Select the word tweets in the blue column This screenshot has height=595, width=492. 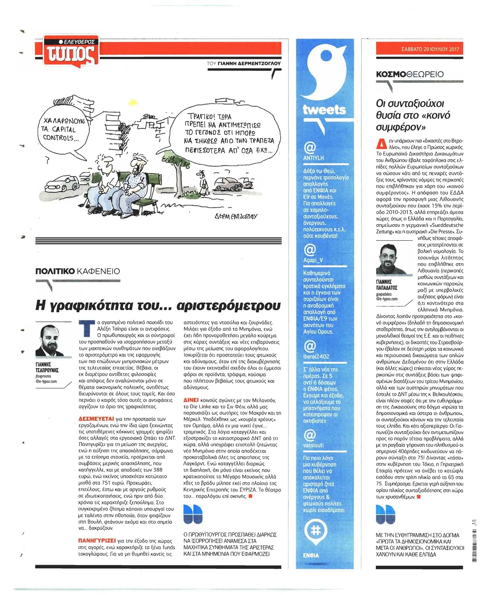(x=324, y=110)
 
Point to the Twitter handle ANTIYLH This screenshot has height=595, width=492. (x=313, y=158)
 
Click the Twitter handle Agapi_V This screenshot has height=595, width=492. (x=313, y=260)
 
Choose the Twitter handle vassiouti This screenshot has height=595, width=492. (x=313, y=445)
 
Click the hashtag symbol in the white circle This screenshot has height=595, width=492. (x=316, y=530)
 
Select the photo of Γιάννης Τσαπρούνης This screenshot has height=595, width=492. (x=50, y=341)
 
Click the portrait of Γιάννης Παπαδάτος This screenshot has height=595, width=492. (x=389, y=259)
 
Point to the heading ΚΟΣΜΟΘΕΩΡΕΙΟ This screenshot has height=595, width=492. (x=410, y=74)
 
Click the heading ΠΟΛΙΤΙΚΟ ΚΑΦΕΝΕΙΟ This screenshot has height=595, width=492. (x=77, y=271)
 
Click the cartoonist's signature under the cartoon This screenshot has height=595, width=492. (x=236, y=216)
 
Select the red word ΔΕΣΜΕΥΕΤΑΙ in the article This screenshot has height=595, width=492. (x=96, y=419)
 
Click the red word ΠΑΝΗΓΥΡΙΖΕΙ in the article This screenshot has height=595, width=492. (x=97, y=541)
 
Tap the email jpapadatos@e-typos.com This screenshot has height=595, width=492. (x=387, y=296)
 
